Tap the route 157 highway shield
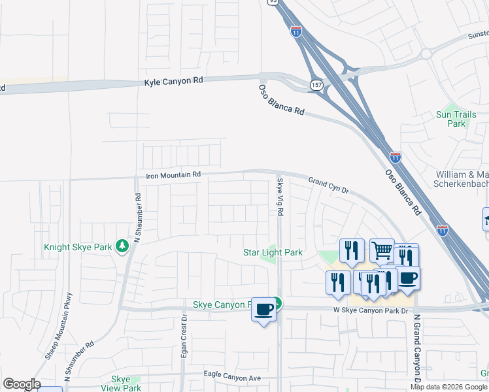point(316,86)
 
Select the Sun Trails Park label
point(452,119)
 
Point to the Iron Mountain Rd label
point(173,175)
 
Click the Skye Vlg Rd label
point(280,197)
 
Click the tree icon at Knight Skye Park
point(122,246)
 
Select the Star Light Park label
point(273,252)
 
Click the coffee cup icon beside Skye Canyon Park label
point(263,309)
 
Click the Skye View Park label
point(126,384)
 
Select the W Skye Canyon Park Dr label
point(370,310)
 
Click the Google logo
point(22,384)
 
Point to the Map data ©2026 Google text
point(449,387)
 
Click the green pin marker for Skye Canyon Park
point(277,304)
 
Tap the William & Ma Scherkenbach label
point(462,180)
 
